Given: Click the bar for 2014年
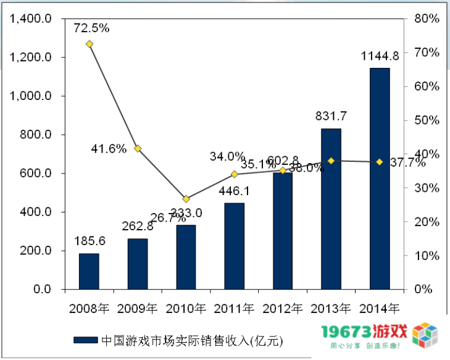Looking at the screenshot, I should pos(380,178).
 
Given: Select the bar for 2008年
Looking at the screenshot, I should pos(89,271).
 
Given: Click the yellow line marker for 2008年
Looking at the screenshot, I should pos(90,44).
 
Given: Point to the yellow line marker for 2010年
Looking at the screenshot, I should pos(186,199).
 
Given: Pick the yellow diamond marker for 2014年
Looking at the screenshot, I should pos(380,162).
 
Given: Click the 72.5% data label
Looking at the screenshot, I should pos(91,28).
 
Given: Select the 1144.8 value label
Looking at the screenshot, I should pos(380,56).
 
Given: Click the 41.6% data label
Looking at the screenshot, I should pos(109,149).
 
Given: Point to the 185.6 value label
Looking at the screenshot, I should pos(90,241).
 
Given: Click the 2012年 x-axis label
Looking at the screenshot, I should pos(283,307).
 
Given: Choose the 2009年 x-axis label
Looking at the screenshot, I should pos(137,307).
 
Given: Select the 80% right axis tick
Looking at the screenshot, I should pos(427,19).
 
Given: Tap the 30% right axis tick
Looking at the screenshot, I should pos(427,188).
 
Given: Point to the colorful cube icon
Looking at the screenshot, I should pos(427,337).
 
